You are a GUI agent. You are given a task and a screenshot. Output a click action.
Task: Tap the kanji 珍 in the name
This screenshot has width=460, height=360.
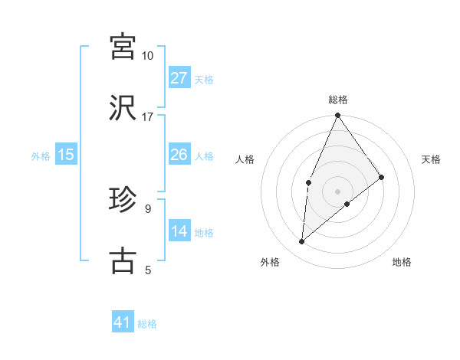123,199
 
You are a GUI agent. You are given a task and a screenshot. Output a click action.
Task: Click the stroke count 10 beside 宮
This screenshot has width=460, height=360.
148,56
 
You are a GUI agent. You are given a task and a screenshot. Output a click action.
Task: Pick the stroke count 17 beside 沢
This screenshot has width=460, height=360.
148,117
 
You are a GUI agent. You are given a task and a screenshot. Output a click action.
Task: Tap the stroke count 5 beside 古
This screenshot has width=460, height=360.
148,270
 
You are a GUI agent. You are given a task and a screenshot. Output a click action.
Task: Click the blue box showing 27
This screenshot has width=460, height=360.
179,78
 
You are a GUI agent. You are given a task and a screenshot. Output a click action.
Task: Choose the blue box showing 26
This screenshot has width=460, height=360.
179,155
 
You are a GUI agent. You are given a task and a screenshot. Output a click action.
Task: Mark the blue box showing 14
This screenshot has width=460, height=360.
179,231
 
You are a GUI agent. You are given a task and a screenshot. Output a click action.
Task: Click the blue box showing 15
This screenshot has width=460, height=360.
66,155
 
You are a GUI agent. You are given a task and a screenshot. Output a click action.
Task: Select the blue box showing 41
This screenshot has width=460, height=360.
123,322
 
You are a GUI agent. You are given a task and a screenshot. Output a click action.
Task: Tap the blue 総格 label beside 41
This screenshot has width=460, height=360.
147,324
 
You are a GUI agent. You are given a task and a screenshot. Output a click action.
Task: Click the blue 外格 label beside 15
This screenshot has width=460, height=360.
41,155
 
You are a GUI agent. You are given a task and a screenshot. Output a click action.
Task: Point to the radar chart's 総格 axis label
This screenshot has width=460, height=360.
337,100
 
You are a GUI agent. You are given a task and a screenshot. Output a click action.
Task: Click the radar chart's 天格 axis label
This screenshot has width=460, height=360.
432,159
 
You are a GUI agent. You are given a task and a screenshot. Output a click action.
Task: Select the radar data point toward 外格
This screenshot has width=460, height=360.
302,242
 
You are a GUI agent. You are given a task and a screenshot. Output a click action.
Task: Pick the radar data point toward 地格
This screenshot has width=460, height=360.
347,204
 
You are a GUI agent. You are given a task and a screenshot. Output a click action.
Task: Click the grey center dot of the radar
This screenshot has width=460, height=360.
337,191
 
